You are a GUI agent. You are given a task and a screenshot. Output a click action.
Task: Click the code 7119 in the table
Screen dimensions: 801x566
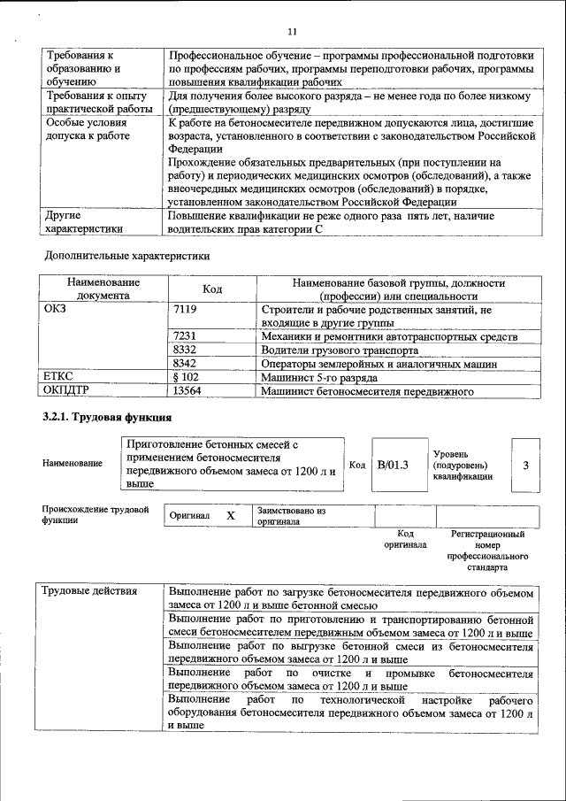tap(185, 310)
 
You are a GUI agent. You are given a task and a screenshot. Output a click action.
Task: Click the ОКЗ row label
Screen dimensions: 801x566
tap(55, 310)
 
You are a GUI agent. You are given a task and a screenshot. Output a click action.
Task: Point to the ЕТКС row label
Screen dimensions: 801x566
tap(58, 376)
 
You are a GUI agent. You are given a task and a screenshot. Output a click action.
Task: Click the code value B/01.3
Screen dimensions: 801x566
tap(392, 464)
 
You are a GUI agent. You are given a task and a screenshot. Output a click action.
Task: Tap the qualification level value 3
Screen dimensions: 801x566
tap(525, 464)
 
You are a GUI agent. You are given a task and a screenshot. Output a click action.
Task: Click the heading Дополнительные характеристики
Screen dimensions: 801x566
tap(127, 257)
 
